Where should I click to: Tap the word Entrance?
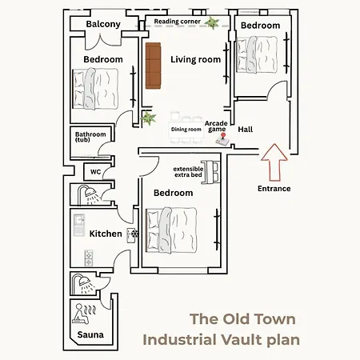pos(274,189)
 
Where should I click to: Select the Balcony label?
pos(103,24)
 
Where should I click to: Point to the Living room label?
pos(194,59)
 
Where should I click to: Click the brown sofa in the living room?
pos(153,67)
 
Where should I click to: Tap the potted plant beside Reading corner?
pos(211,22)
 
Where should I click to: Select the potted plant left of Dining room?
pos(147,119)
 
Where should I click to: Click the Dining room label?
pos(186,129)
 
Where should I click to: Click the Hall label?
pos(246,128)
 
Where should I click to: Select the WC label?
pos(94,171)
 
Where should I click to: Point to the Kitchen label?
pos(105,234)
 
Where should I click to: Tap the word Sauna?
pos(90,335)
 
